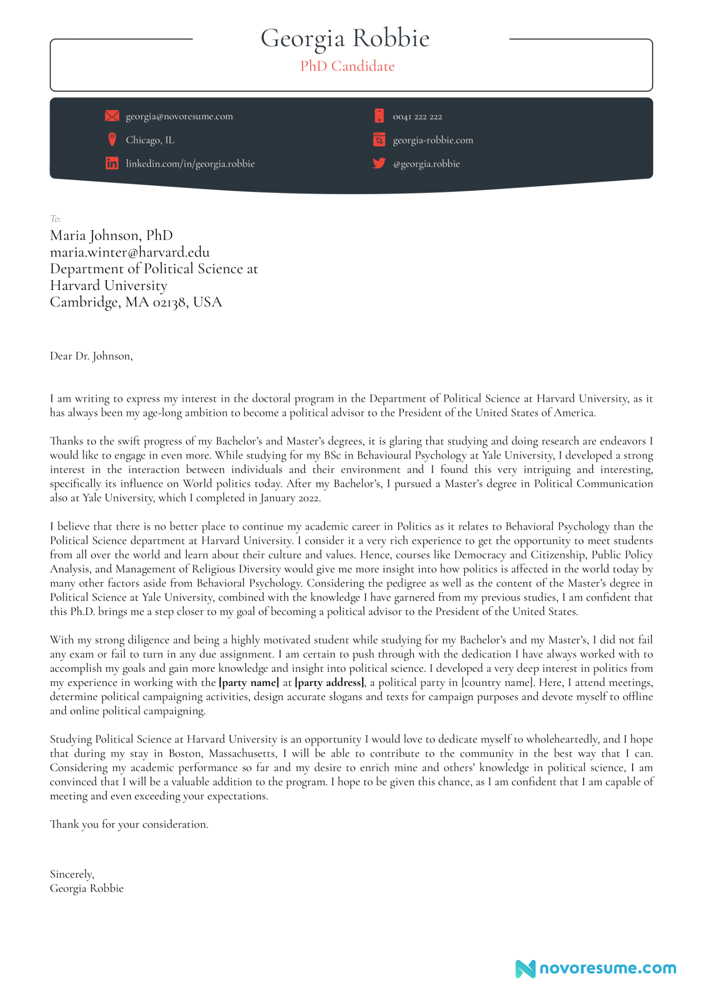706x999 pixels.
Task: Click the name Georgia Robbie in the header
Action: coord(345,39)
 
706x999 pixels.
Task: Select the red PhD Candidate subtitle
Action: coord(347,66)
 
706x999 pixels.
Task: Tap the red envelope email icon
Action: coord(112,116)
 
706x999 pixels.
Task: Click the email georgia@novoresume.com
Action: coord(179,116)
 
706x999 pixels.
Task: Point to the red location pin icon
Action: coord(112,139)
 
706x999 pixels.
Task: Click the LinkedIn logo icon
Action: coord(112,163)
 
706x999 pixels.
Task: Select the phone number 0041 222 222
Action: coord(417,117)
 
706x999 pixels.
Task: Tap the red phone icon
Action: coord(379,116)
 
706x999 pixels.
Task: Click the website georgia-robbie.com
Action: coord(433,140)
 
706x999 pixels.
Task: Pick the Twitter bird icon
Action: coord(379,163)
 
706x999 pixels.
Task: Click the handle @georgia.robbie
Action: coord(426,164)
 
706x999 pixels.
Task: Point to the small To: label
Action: coord(56,219)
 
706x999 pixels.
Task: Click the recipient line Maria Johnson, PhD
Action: coord(112,235)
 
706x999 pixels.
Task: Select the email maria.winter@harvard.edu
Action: coord(130,252)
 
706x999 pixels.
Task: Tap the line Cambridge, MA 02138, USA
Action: coord(136,302)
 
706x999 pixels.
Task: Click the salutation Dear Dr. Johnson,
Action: coord(91,356)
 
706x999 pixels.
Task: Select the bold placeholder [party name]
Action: coord(249,683)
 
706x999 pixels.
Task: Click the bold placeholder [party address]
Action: coord(330,683)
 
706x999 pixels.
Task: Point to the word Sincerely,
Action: coord(72,874)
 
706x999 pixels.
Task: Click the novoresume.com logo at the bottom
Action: coord(596,968)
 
